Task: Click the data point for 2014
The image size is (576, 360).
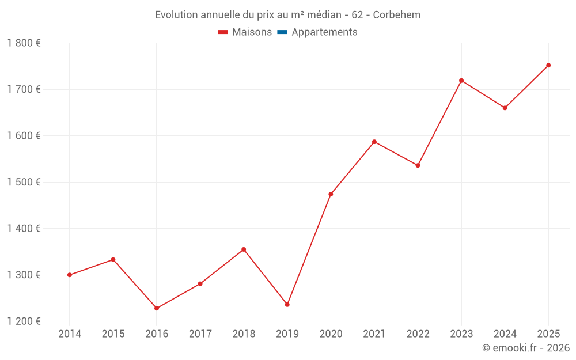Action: tap(70, 275)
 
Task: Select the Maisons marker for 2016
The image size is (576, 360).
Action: tap(157, 308)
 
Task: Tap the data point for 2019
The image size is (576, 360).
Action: tap(287, 305)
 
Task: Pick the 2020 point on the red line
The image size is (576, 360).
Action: tap(331, 194)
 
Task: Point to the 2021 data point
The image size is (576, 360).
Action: tap(374, 142)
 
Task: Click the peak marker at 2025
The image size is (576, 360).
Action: tap(548, 65)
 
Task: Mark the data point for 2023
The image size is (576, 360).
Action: tap(461, 81)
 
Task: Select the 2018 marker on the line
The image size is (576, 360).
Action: tap(244, 249)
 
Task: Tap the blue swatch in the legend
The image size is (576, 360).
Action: tap(282, 32)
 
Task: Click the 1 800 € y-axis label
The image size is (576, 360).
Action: tap(24, 43)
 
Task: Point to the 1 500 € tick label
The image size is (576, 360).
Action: tap(24, 182)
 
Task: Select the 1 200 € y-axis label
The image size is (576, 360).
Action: tap(24, 321)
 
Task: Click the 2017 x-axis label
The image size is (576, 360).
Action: tap(200, 334)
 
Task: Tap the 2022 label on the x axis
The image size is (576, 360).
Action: tap(418, 334)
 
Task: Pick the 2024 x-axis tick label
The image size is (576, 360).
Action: tap(505, 334)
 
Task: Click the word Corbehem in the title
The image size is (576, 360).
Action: tap(397, 15)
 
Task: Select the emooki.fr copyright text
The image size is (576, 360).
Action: tap(526, 348)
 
